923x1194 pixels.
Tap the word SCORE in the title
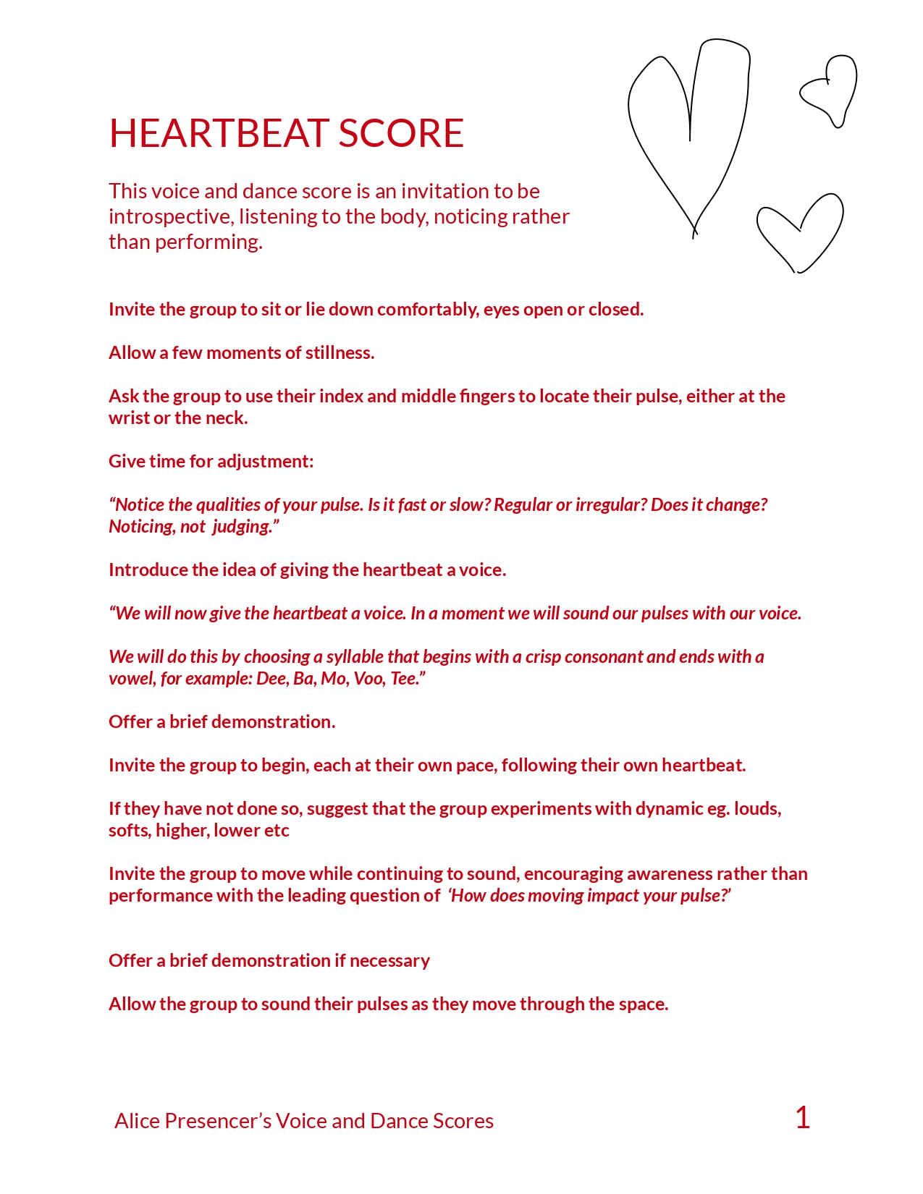[x=401, y=134]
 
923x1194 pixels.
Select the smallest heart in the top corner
[x=830, y=90]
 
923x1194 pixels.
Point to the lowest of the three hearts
[x=800, y=232]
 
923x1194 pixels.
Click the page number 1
[x=802, y=1118]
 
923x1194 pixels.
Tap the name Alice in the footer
[x=137, y=1121]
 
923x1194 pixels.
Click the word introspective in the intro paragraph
[x=169, y=216]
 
